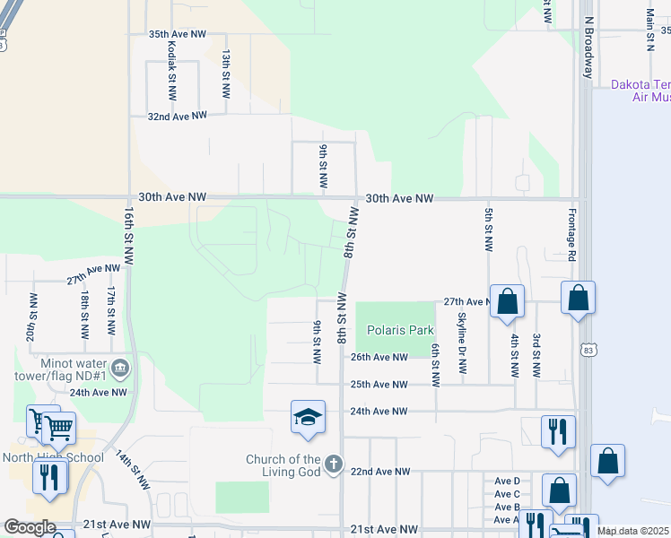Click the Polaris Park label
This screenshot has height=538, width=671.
[400, 330]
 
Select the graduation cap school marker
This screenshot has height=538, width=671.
[307, 418]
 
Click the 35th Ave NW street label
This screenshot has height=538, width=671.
[177, 34]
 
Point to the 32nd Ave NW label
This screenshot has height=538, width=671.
[177, 116]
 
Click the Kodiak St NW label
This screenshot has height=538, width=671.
[170, 74]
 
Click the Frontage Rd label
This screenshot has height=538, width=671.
[571, 235]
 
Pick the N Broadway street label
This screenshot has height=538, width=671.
[589, 46]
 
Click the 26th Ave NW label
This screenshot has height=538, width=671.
[378, 357]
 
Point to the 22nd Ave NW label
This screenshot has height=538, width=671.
[379, 471]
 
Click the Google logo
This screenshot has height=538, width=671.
[30, 527]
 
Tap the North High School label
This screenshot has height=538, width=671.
[53, 457]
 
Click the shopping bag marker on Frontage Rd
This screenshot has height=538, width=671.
[578, 298]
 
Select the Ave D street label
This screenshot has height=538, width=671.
[507, 482]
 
